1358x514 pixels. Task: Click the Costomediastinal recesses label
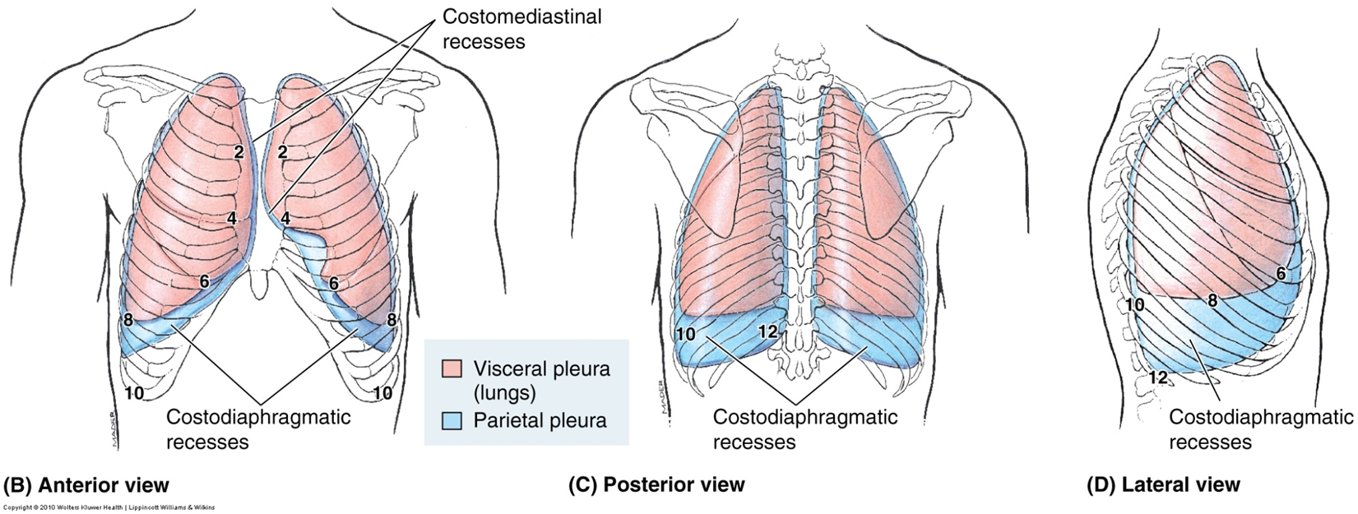click(521, 28)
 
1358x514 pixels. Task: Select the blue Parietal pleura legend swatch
click(452, 420)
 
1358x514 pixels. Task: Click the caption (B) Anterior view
click(86, 484)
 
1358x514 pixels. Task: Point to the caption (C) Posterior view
click(656, 484)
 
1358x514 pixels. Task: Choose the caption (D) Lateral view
click(1163, 484)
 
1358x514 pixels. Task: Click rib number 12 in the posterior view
click(767, 331)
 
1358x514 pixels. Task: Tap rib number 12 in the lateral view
click(1157, 377)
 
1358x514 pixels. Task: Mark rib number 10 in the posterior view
click(685, 334)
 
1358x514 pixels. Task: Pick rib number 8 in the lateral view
click(1212, 301)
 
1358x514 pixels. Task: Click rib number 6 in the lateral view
click(1281, 275)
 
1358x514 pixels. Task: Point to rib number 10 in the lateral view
click(1134, 305)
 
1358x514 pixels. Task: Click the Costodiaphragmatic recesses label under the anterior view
click(258, 428)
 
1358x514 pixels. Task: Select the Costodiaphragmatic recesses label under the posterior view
click(804, 428)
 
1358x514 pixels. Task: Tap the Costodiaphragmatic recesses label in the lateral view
click(1261, 428)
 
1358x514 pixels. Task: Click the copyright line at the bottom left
click(109, 507)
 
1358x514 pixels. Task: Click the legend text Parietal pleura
click(540, 420)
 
